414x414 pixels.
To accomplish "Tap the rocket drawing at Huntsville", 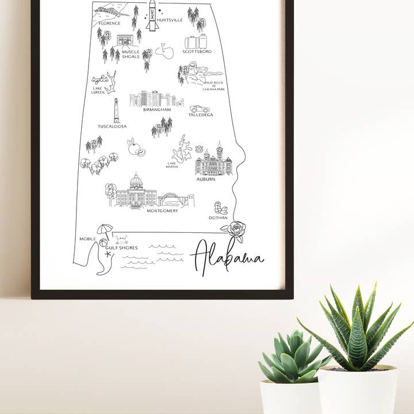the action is tap(152, 15).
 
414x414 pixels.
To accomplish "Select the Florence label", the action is tap(109, 23).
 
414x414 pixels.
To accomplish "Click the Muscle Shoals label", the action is tap(131, 55).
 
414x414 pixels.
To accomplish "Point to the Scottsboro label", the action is tap(197, 51).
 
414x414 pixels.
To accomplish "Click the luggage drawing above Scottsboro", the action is tap(195, 41).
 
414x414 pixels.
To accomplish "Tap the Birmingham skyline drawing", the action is tap(155, 99).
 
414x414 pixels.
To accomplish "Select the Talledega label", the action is tap(201, 114).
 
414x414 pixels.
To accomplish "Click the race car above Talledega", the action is tap(200, 109).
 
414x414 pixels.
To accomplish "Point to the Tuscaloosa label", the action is tap(112, 126).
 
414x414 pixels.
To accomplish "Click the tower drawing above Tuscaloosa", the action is tap(116, 110).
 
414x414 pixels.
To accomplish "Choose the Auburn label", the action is tap(205, 179).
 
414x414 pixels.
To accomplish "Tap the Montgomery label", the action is tap(162, 210).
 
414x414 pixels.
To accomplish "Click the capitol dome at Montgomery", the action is tap(136, 182).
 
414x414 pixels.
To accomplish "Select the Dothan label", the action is tap(218, 217).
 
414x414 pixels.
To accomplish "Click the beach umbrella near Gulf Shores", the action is tap(105, 229).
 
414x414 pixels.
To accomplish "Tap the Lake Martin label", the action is tap(172, 165).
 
